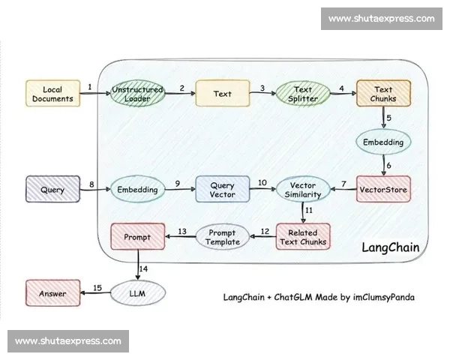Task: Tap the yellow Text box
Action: (x=222, y=94)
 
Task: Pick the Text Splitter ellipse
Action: (x=303, y=94)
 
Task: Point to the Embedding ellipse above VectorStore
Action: (x=383, y=142)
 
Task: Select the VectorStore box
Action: (x=383, y=190)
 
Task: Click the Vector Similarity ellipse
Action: (x=303, y=190)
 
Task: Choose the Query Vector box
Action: (x=222, y=190)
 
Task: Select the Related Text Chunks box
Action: (x=303, y=237)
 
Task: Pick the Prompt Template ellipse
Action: (x=222, y=237)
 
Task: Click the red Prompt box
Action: (x=137, y=238)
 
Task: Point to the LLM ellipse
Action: (x=137, y=292)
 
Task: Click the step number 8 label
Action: (x=91, y=184)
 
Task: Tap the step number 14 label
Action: (x=144, y=268)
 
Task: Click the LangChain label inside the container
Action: (x=390, y=247)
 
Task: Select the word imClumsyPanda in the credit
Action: (x=382, y=298)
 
